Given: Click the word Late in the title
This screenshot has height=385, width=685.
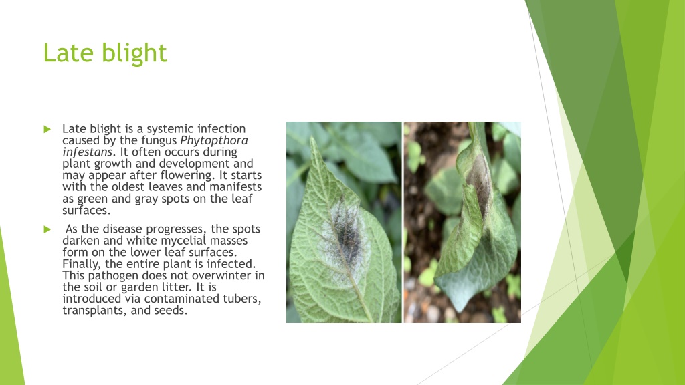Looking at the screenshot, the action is coord(68,53).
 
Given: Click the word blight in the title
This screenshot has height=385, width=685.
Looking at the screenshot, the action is coord(134,53).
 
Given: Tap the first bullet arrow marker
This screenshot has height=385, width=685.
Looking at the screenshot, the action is coord(47,129).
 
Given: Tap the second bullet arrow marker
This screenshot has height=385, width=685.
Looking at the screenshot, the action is coord(47,229).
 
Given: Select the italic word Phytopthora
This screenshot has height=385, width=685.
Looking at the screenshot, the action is coord(214,140).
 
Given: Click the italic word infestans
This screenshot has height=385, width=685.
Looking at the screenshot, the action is coord(88,152).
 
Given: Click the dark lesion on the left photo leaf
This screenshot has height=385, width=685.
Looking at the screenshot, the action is coord(347,238).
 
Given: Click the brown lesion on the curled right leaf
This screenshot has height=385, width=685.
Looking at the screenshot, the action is coord(480,182).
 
